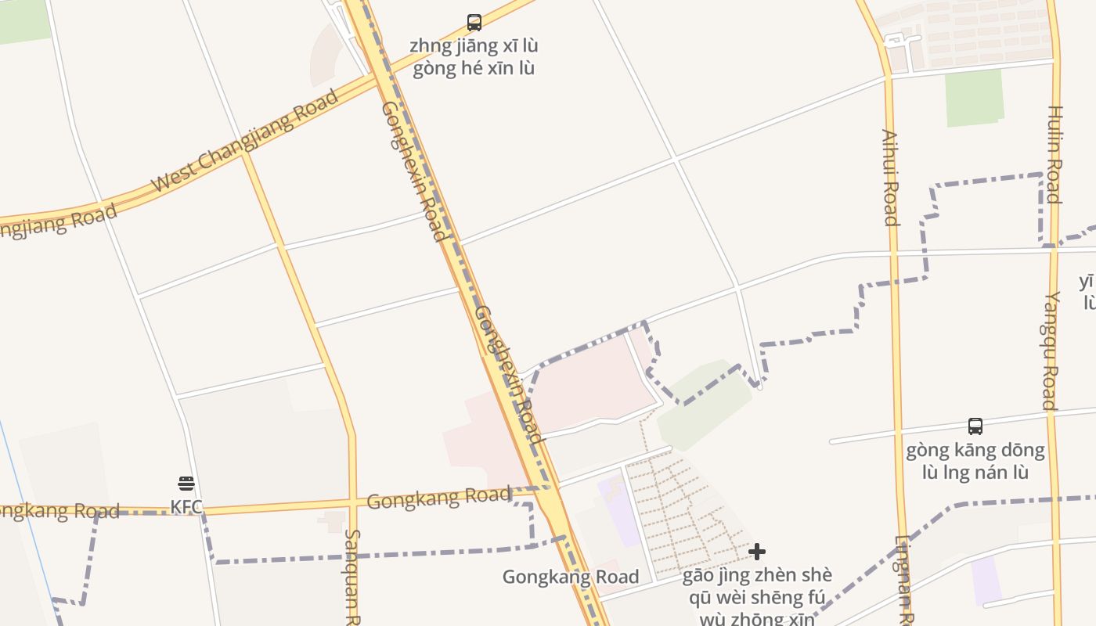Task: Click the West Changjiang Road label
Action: [244, 141]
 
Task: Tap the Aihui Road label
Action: [890, 177]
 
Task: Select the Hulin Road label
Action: [1055, 154]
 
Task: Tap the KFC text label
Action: [186, 507]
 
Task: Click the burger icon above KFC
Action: [186, 484]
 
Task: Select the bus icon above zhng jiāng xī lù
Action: [474, 22]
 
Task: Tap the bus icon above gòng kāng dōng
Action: [975, 426]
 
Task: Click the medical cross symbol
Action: [757, 552]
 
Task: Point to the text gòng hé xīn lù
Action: [473, 68]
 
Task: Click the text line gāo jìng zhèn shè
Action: [757, 576]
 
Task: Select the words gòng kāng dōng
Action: [975, 450]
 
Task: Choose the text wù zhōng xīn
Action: [757, 619]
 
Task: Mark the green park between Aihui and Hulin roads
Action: [974, 97]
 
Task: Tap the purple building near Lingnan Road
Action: [986, 581]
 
